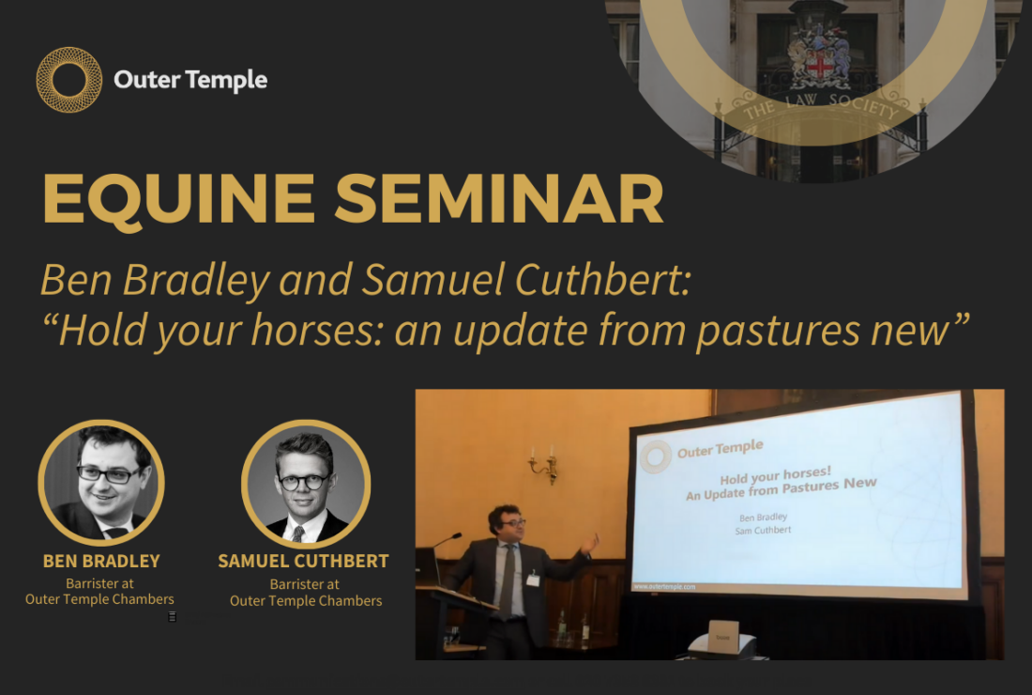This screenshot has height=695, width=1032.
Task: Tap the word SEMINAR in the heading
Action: click(499, 198)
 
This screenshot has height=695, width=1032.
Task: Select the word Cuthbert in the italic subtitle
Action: click(602, 279)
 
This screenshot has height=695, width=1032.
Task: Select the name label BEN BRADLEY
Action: click(101, 561)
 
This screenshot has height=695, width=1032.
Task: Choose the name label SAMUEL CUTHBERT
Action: click(303, 561)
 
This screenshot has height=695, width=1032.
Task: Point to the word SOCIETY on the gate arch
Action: click(862, 104)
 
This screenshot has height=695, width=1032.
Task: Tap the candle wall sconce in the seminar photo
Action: click(544, 465)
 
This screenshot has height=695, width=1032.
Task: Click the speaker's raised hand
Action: click(589, 544)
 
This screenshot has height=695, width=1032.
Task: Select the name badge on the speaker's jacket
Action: click(533, 579)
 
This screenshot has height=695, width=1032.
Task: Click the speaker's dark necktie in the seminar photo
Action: click(507, 583)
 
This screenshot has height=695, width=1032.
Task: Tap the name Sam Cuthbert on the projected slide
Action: click(763, 531)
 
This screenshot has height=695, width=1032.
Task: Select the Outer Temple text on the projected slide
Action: click(720, 449)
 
